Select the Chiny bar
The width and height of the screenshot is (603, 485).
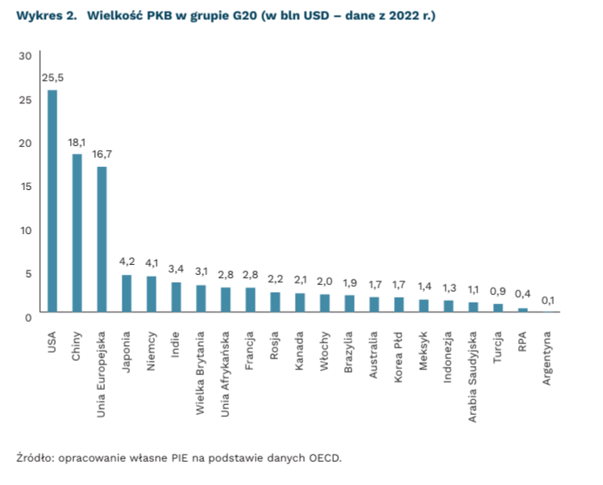77,233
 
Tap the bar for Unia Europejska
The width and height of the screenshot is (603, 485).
102,239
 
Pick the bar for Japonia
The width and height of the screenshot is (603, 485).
127,293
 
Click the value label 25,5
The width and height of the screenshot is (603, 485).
52,77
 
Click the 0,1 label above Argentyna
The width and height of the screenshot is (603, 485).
547,300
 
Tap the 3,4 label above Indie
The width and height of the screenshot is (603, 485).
177,269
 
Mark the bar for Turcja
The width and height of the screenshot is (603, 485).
498,307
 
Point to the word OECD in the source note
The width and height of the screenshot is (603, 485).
324,457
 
